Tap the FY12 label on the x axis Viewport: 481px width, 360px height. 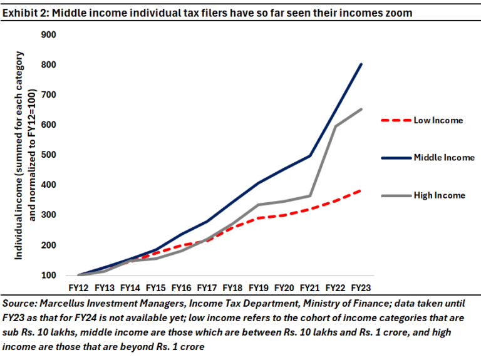coord(78,288)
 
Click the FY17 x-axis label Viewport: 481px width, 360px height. coord(207,288)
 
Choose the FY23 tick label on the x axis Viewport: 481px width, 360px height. coord(361,288)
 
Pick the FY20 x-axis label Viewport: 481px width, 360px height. coord(284,288)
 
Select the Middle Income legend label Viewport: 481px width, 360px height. coord(444,157)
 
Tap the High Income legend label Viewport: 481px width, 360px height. coord(440,195)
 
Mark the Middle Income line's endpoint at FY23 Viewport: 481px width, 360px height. coord(361,64)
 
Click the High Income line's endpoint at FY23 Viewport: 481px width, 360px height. coord(361,109)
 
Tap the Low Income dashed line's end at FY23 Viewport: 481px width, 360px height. coord(361,190)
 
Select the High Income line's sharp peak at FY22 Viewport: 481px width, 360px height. coord(336,126)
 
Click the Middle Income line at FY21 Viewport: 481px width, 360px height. coord(310,156)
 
